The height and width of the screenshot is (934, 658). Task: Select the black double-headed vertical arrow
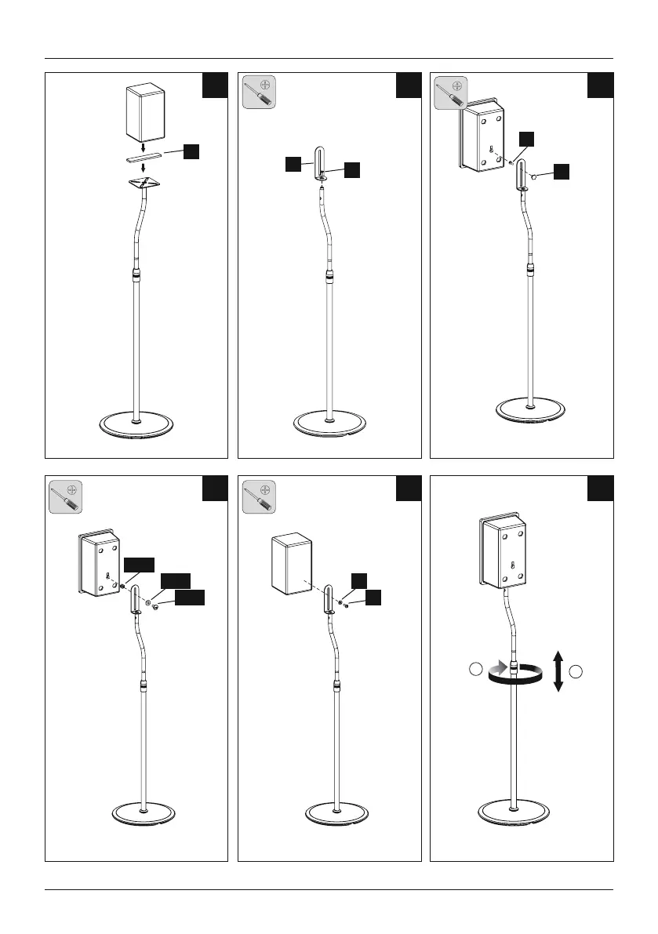tap(558, 670)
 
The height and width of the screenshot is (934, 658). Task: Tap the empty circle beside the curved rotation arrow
tap(475, 670)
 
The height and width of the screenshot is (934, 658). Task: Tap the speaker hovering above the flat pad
tap(147, 113)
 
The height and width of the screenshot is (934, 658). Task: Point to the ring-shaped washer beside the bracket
tap(147, 604)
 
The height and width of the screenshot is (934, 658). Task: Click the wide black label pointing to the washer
tap(175, 581)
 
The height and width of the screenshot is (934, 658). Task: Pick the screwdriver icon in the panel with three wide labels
tap(67, 496)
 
